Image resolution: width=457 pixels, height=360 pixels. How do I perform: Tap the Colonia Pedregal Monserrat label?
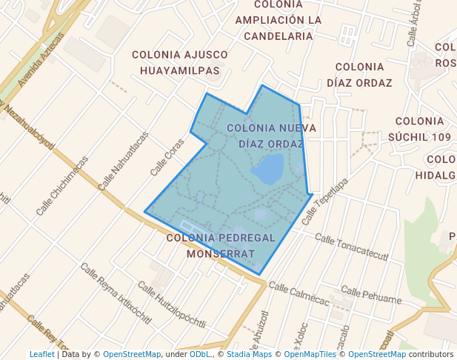221,245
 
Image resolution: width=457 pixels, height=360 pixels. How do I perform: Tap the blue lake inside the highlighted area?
267,170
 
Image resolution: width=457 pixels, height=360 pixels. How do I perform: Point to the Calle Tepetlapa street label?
324,201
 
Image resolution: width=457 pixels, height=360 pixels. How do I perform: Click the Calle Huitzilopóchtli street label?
171,307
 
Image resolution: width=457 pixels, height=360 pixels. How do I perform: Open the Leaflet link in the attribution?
41,354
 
